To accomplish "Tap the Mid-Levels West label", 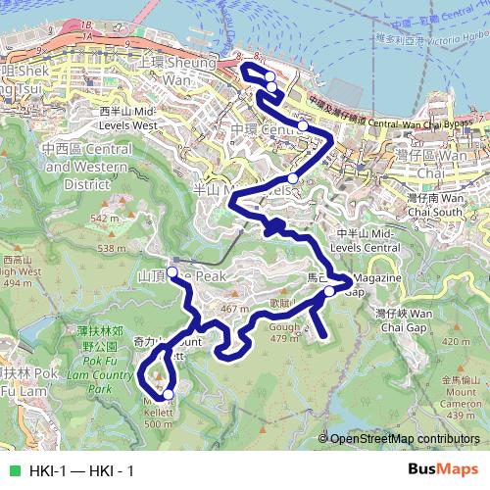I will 128,119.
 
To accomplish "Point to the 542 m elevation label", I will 104,218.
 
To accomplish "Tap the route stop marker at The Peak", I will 171,272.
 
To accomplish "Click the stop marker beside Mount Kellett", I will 168,394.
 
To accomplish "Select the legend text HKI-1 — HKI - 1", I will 81,470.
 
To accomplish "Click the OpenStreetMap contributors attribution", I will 405,439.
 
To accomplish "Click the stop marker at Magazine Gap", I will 329,290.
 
